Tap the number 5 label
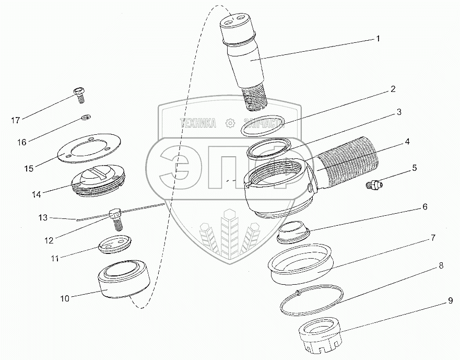[x=414, y=168]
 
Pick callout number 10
[x=65, y=299]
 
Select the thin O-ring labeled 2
[x=263, y=125]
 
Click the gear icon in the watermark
[x=229, y=123]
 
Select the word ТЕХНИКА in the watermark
[x=198, y=123]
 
